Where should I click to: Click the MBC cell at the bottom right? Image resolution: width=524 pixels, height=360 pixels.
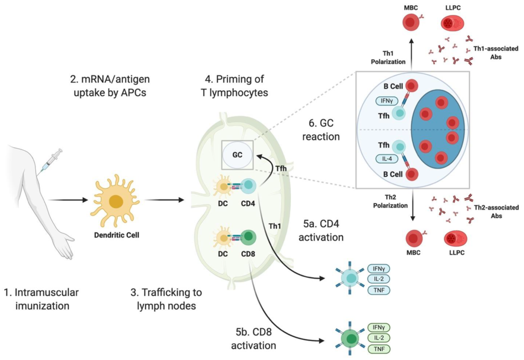pos(414,239)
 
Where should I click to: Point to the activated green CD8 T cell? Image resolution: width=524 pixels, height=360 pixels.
pos(350,338)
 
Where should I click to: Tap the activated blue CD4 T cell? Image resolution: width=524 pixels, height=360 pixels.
pos(350,279)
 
